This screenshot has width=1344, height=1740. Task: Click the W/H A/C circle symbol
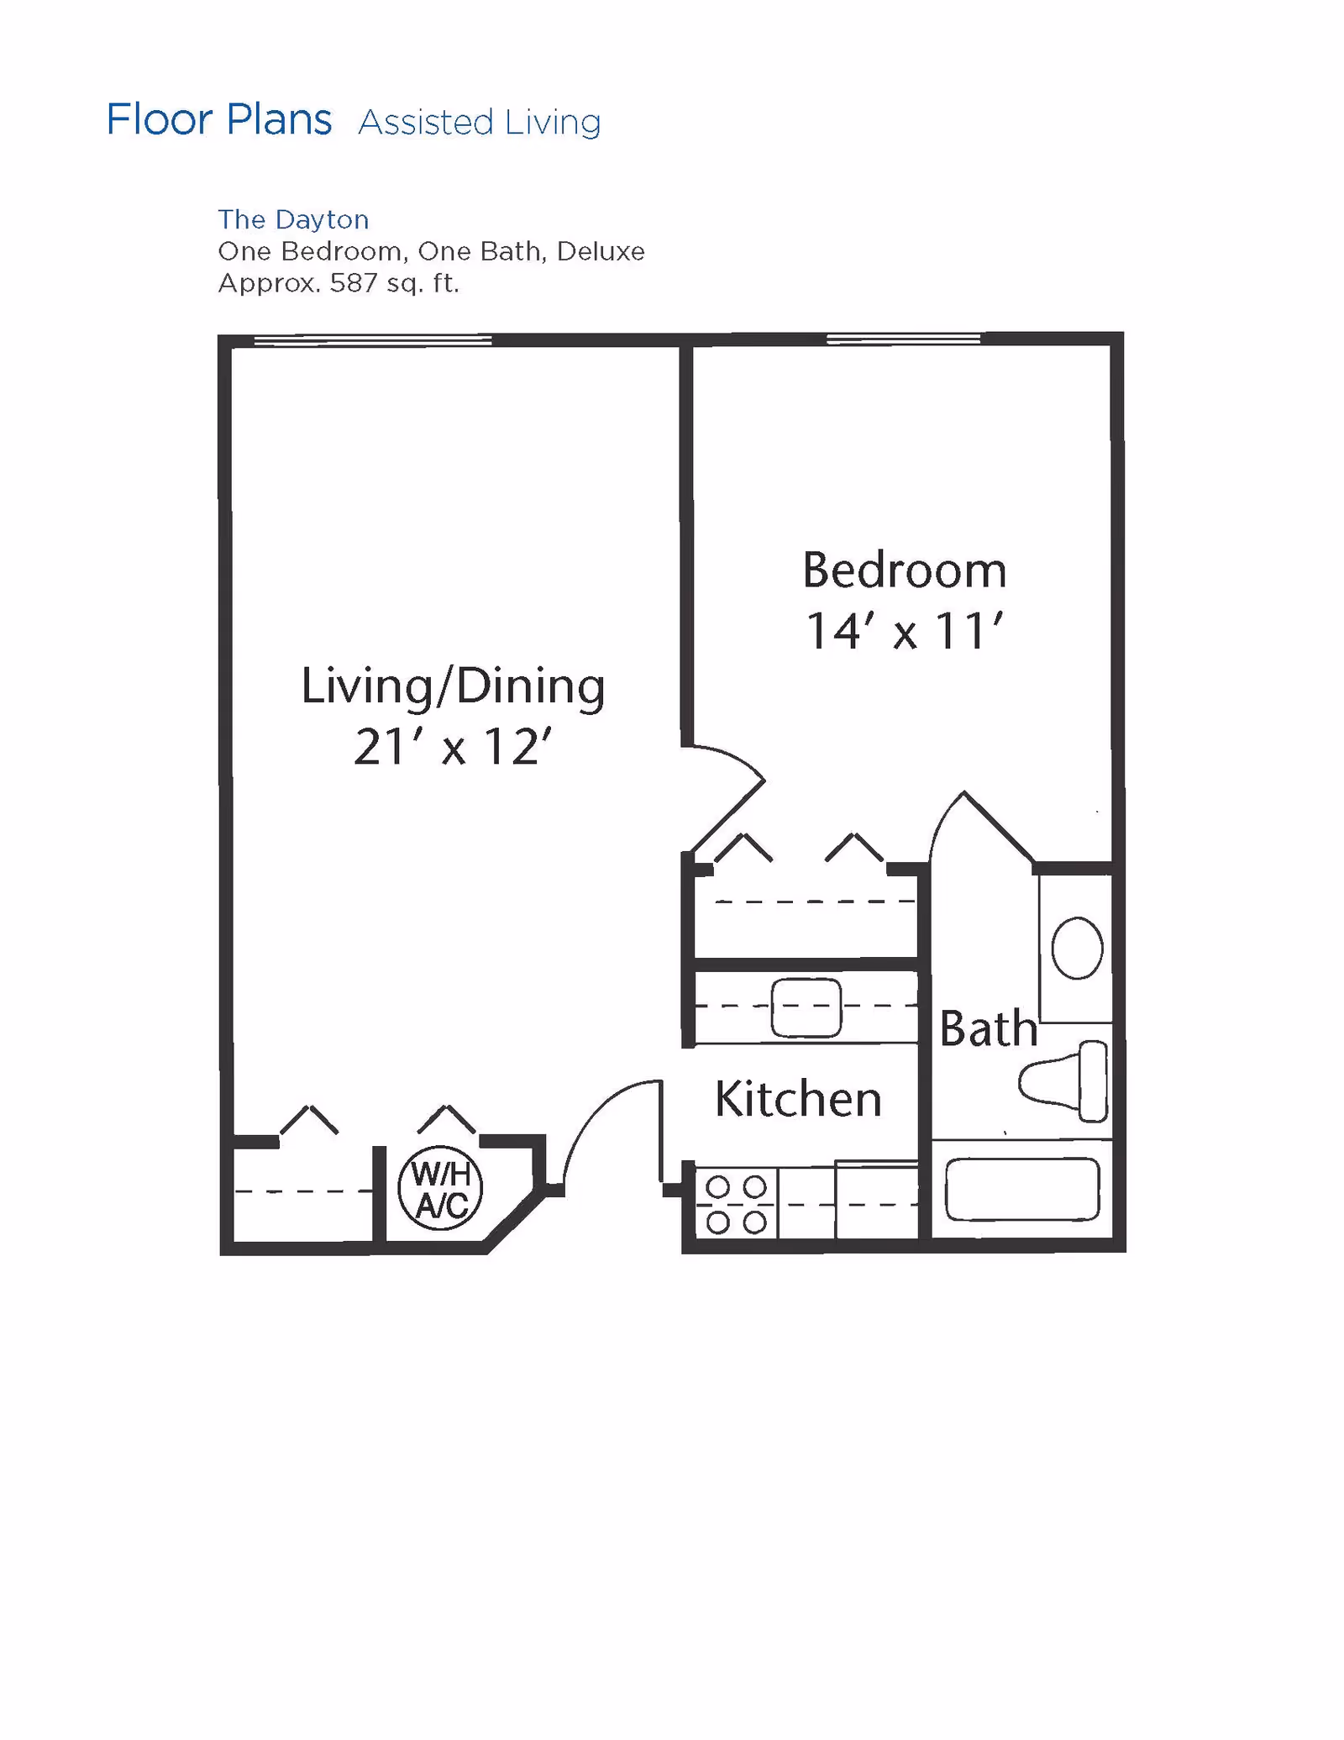pos(440,1188)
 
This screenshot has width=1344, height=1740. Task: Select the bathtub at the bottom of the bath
pos(1022,1189)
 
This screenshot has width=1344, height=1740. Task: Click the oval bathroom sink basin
pos(1077,948)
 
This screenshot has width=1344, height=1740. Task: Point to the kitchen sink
pos(806,1007)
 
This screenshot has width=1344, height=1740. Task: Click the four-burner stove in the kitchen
pos(737,1204)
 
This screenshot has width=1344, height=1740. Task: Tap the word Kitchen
pos(798,1098)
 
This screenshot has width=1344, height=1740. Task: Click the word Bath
pos(988,1028)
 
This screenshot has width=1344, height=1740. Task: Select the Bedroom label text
pos(904,570)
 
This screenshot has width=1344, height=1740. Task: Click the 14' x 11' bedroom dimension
pos(904,632)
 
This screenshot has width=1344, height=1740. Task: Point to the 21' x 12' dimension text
pos(453,746)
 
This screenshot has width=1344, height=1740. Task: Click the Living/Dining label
pos(453,686)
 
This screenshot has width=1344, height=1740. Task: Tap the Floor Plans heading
pos(219,119)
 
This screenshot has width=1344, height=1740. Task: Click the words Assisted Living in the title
pos(479,123)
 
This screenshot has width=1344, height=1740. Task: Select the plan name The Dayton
pos(293,219)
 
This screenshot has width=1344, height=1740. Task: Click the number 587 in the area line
pos(353,283)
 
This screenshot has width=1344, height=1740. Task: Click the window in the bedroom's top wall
pos(904,339)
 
